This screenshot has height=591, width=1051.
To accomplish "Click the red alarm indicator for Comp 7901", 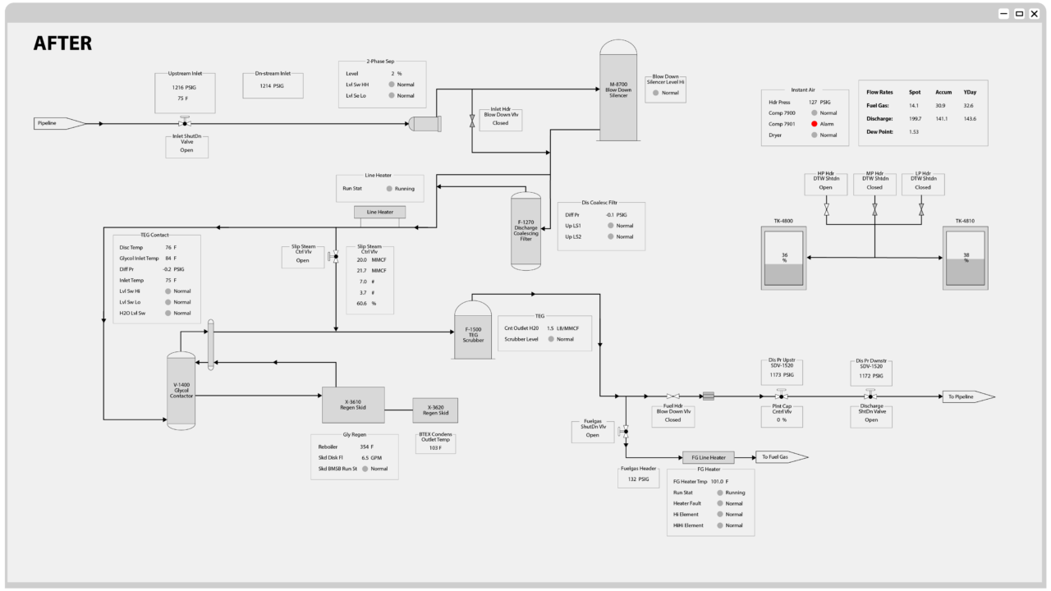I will (x=814, y=124).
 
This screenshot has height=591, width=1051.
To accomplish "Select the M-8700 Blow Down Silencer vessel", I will (x=618, y=90).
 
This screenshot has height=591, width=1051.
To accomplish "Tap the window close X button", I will (x=1034, y=13).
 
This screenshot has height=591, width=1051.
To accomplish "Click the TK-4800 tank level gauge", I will (x=784, y=259).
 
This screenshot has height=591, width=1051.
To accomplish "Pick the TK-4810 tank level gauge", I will (x=966, y=259).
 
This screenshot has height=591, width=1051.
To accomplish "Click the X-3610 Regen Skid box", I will (x=352, y=402).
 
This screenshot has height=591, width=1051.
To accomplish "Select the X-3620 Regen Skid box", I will (x=435, y=410).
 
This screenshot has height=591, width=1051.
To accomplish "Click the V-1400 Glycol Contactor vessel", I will (x=181, y=390).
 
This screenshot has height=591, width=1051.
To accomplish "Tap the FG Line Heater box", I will (x=708, y=457).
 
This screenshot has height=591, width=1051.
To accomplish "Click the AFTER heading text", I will (x=62, y=44).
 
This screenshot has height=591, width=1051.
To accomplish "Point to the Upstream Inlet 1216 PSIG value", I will (x=184, y=86).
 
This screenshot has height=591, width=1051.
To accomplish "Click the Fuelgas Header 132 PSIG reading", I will (x=639, y=479).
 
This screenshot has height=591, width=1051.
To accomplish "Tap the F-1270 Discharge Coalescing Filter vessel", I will (x=526, y=231).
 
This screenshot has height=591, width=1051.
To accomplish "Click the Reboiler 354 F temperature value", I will (x=366, y=447).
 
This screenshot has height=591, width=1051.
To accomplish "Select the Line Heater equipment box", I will (x=379, y=212).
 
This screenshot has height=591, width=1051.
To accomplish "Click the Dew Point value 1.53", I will (x=914, y=131).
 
